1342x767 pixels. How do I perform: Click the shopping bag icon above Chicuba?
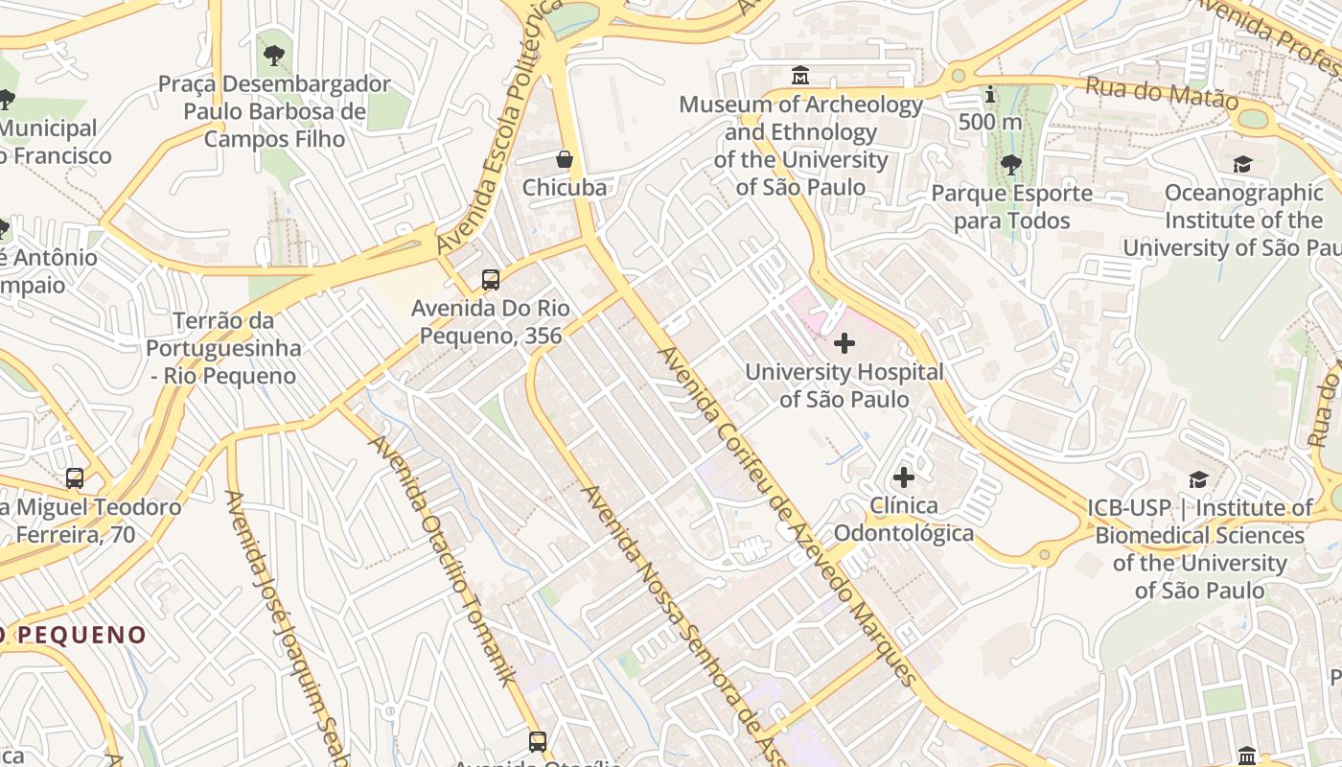565,159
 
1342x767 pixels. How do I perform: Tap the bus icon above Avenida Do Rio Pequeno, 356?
491,280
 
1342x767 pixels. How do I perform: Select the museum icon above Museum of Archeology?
800,75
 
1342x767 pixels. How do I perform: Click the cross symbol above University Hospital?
845,342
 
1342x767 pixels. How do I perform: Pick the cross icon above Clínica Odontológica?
903,476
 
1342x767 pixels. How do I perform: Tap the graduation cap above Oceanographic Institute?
1242,164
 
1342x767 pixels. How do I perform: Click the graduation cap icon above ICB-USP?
1198,479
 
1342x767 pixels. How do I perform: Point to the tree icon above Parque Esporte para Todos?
1011,165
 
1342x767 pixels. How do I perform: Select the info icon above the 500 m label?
990,95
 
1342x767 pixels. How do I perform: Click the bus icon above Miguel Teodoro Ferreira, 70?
75,477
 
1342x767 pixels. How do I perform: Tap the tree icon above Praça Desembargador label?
274,56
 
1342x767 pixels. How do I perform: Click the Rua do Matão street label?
1162,94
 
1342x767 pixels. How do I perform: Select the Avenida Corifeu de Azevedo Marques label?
786,516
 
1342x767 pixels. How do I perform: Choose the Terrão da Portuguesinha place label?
223,348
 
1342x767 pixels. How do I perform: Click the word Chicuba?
565,188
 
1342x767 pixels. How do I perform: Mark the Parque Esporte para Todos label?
1012,207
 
